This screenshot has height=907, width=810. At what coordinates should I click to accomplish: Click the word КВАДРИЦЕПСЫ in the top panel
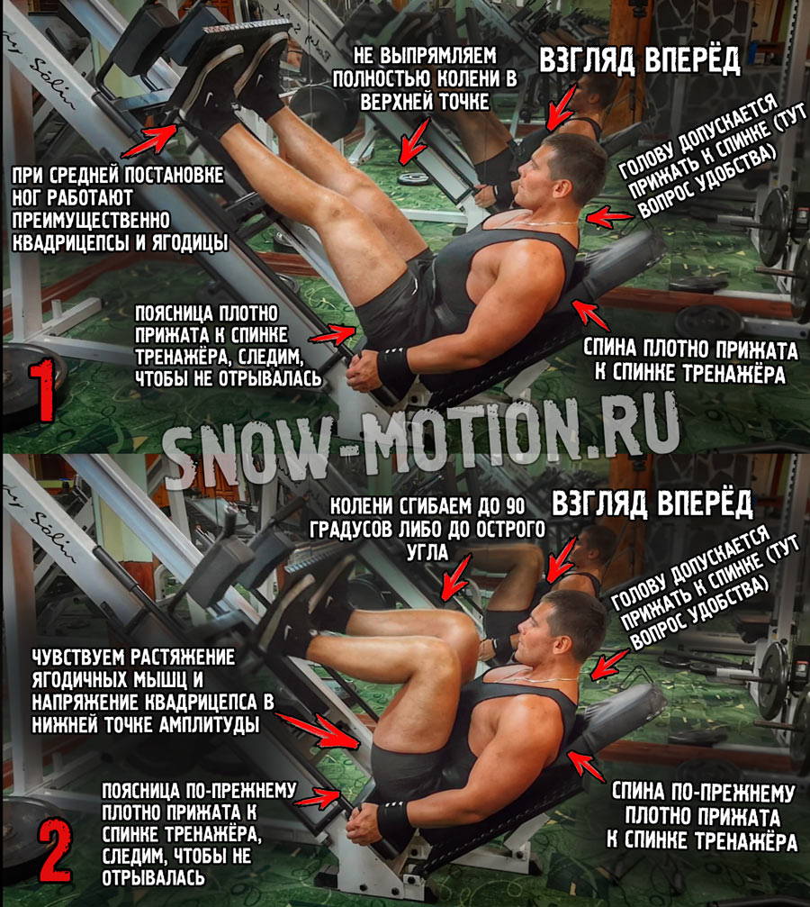click(71, 243)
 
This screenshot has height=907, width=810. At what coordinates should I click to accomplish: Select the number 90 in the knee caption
click(514, 506)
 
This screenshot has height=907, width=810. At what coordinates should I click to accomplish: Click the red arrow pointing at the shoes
click(149, 141)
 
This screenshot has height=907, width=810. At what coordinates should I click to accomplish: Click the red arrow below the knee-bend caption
click(456, 578)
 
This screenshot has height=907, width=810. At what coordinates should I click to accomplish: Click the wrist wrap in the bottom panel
click(394, 823)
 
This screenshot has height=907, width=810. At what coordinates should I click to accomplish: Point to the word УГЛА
click(427, 552)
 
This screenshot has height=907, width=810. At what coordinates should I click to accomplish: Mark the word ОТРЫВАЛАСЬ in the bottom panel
click(153, 877)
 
